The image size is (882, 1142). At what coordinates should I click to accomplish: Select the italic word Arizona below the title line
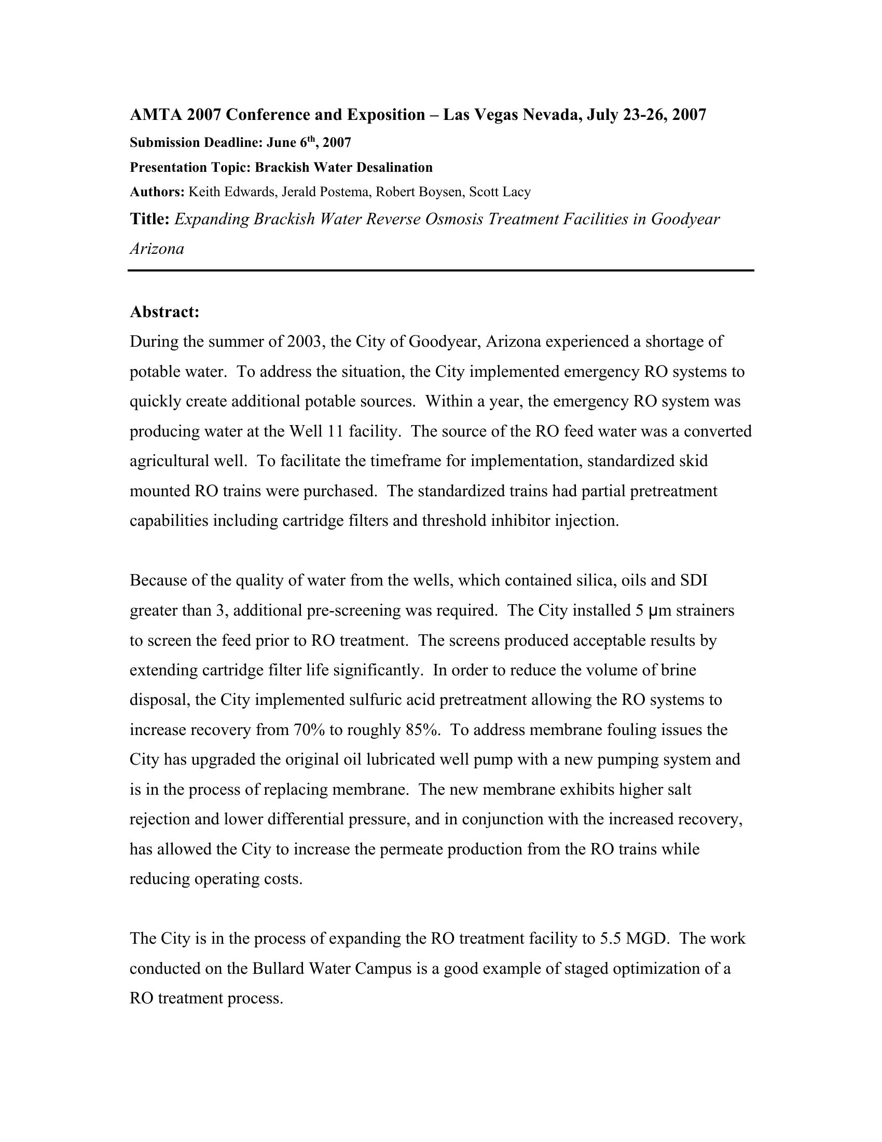coord(157,248)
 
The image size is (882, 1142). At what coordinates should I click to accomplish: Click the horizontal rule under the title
coord(440,270)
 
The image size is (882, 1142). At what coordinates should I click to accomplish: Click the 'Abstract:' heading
coord(164,312)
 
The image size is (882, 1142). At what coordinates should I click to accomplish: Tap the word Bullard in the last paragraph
coord(278,969)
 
